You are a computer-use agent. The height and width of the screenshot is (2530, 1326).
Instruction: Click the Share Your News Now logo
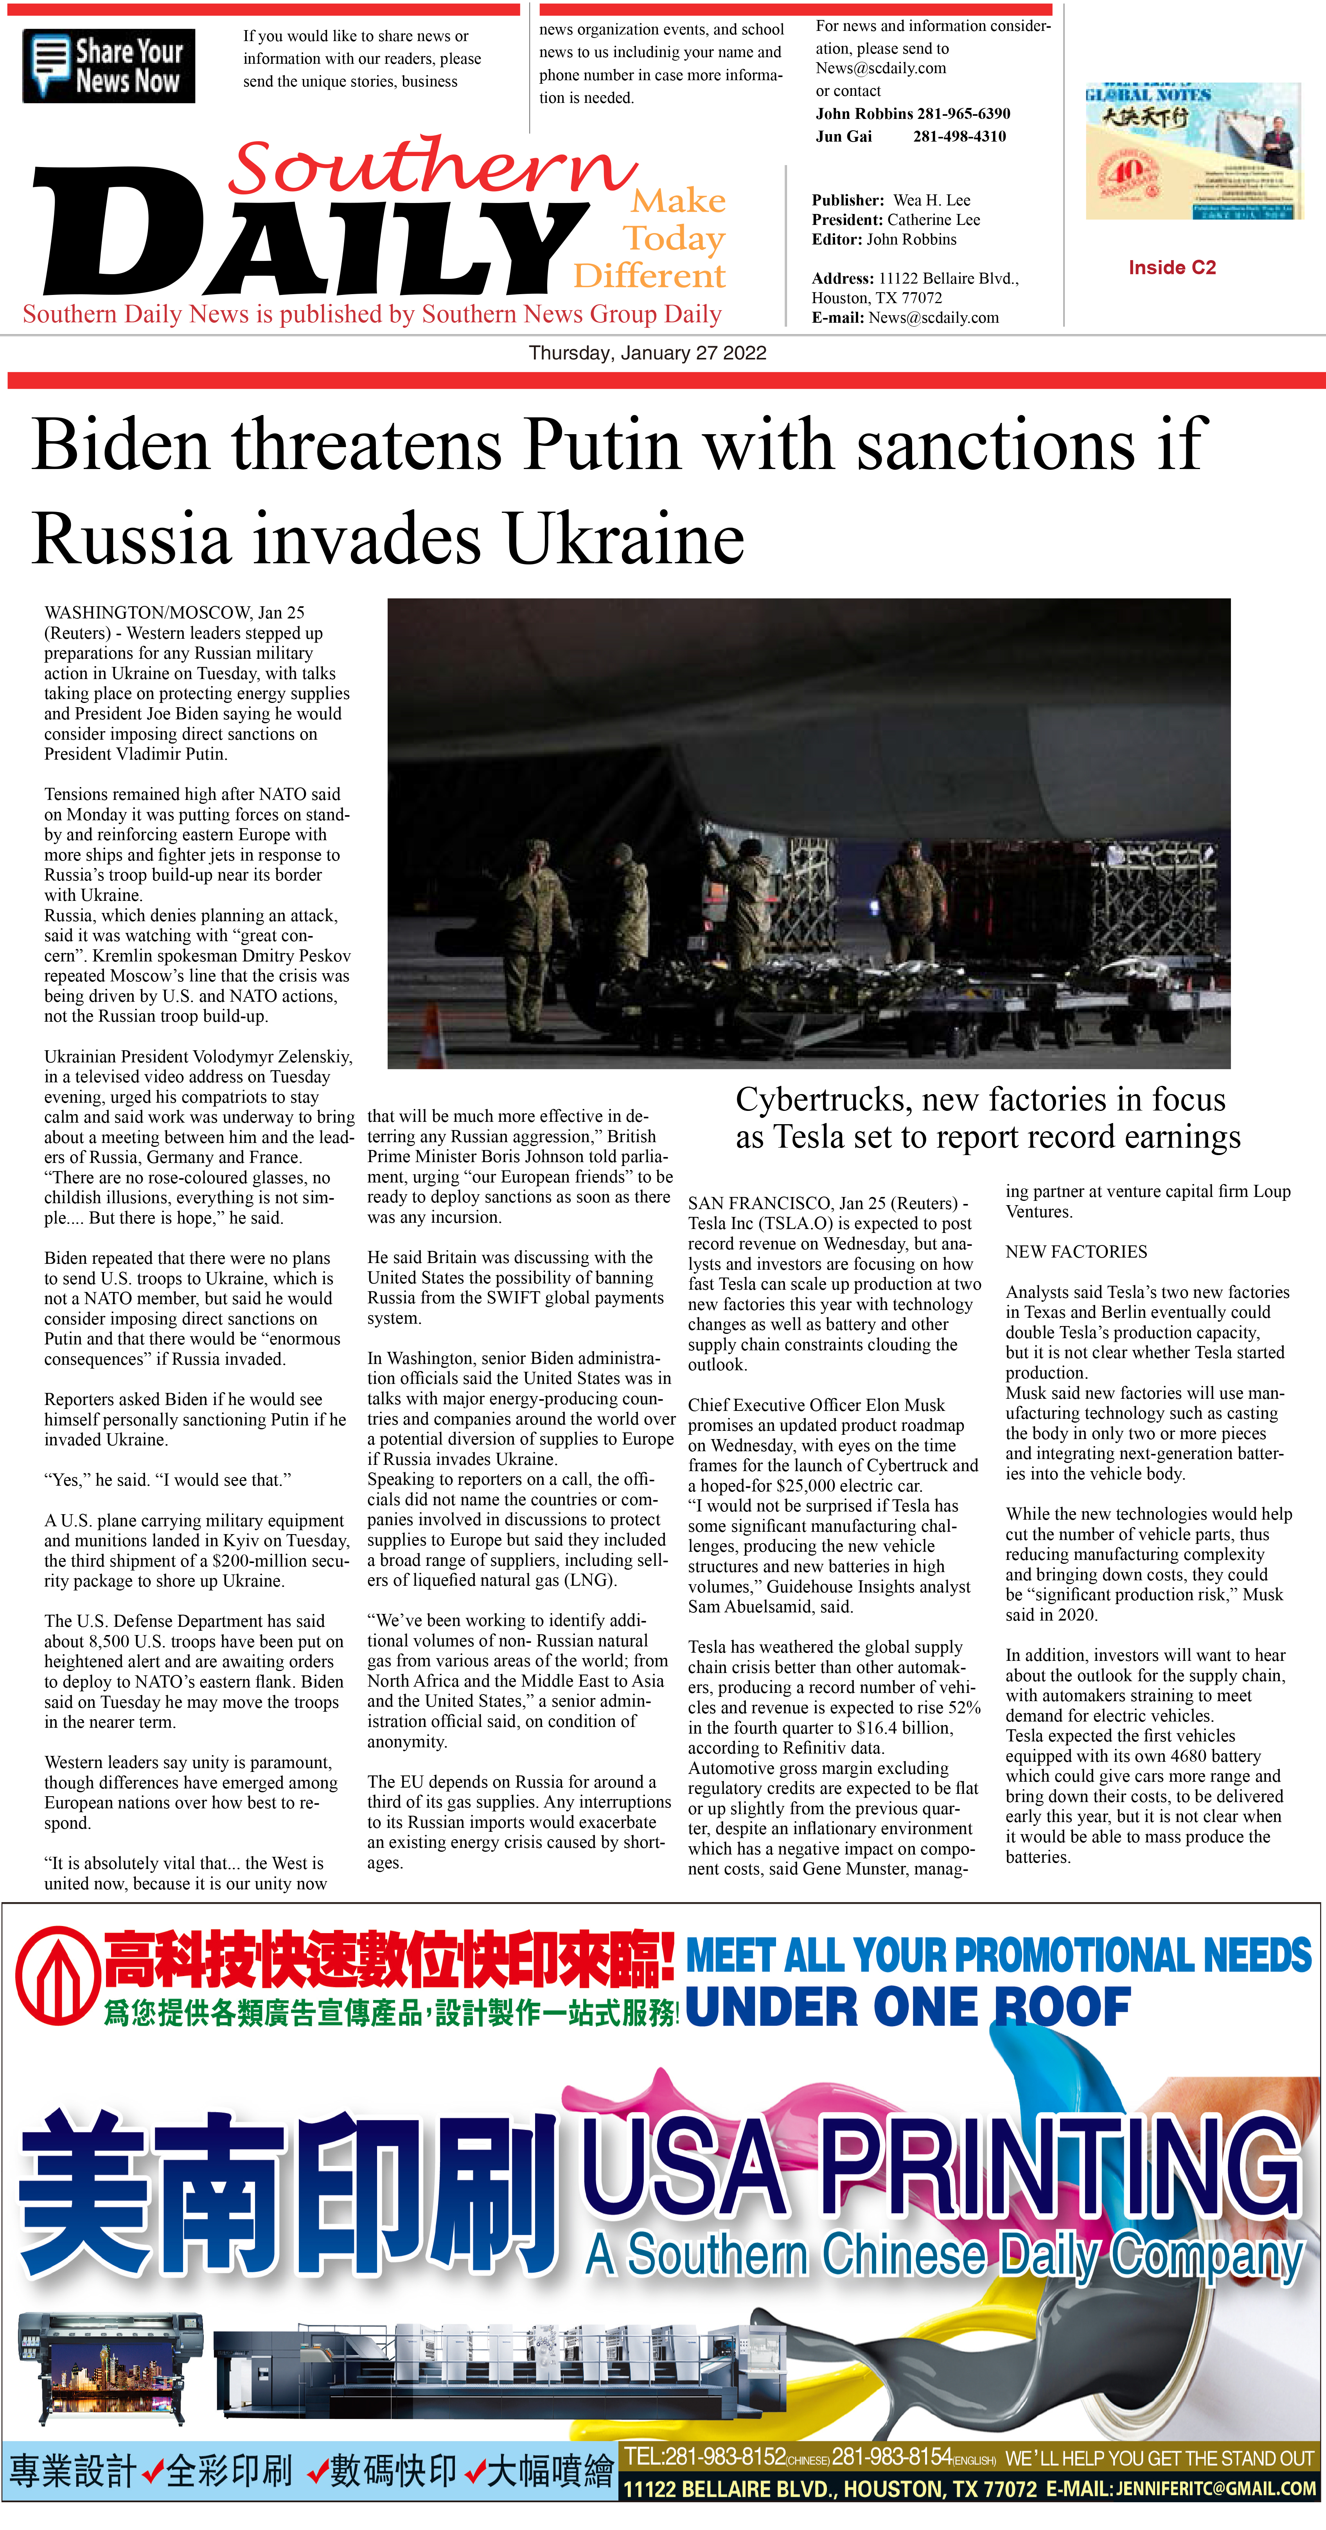108,66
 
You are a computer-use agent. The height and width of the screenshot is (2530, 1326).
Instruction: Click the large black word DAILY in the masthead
304,236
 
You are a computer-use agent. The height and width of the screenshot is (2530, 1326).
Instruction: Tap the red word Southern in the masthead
432,167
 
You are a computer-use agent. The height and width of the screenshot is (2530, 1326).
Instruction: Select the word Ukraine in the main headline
624,539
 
